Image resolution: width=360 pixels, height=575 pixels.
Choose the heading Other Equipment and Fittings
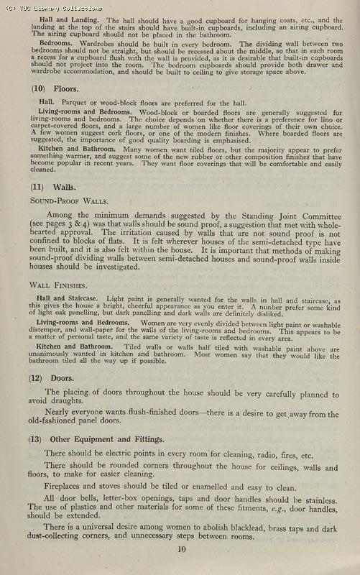coord(99,439)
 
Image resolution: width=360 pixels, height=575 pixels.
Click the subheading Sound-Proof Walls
coord(63,201)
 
